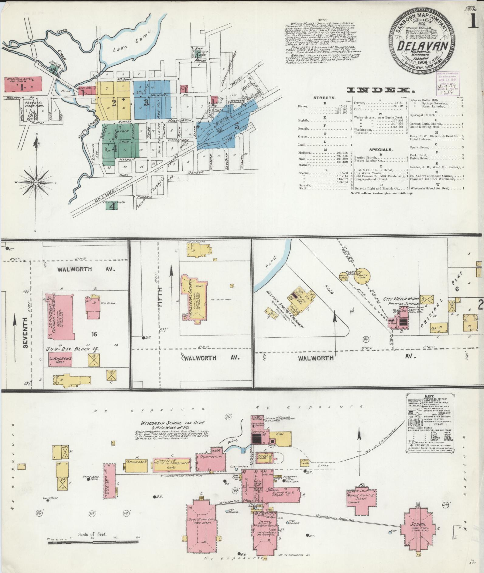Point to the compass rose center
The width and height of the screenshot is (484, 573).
[36, 182]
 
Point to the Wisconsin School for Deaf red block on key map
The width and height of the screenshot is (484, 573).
[23, 84]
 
